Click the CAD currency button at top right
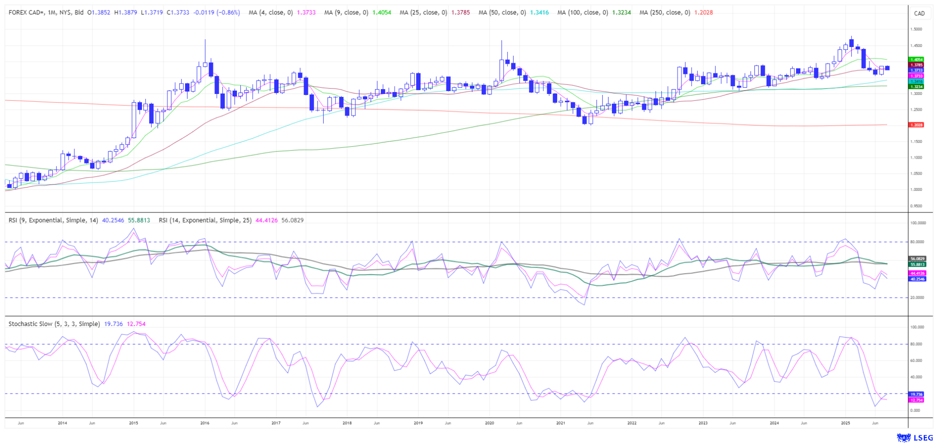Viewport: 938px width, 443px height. [919, 13]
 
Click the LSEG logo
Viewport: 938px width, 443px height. [915, 437]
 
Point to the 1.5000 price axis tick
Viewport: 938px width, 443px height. [916, 29]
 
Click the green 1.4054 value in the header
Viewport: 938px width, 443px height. [382, 13]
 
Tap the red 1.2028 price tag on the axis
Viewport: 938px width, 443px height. [916, 125]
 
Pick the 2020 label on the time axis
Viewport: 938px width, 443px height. [490, 422]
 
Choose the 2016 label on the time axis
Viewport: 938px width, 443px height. [205, 422]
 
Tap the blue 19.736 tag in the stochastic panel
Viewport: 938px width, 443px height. [916, 394]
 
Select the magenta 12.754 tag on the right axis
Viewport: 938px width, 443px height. [916, 400]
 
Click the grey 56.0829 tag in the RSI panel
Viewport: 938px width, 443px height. [917, 258]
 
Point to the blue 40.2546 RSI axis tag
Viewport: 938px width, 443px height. [917, 279]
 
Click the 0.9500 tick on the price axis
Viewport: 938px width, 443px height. [916, 206]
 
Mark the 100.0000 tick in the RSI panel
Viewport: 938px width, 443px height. [917, 223]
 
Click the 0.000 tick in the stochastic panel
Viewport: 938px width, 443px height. [915, 410]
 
